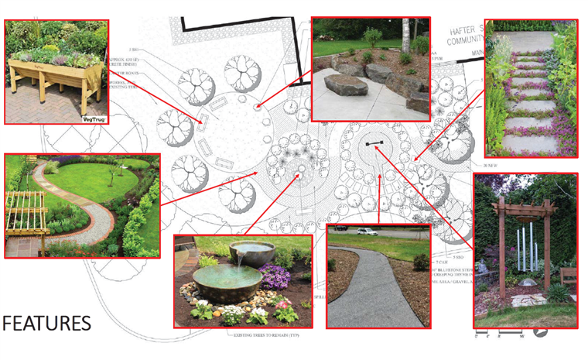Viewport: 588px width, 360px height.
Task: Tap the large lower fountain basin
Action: [219, 279]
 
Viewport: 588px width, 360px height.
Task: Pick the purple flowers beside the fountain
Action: [274, 275]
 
